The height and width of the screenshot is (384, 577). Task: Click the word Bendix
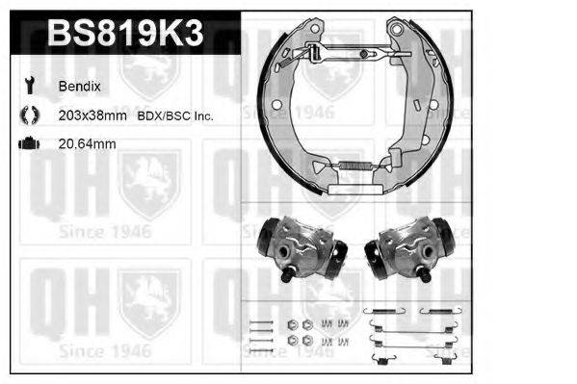pyautogui.click(x=79, y=87)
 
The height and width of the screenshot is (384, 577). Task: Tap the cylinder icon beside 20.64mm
pyautogui.click(x=29, y=143)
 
